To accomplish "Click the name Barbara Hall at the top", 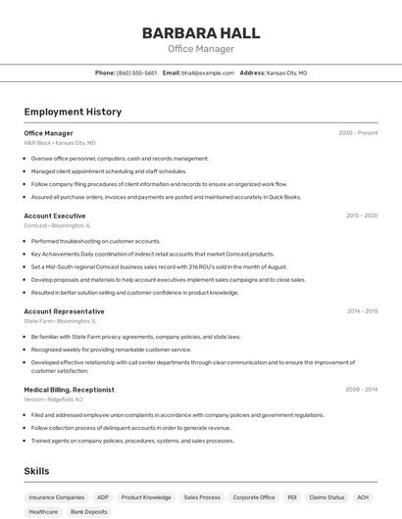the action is click(201, 32).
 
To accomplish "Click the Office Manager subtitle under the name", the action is click(201, 49).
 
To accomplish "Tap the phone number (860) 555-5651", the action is click(136, 72).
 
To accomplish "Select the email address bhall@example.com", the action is click(207, 72).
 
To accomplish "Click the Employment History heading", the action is click(73, 112).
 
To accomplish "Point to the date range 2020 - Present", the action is click(358, 132).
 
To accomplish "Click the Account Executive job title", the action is click(54, 215).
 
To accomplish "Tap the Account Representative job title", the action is click(64, 311).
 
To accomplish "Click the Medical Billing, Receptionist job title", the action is click(69, 389).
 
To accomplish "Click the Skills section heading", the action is click(36, 471).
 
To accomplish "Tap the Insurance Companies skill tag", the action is click(56, 497).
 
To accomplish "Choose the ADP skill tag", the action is click(103, 497).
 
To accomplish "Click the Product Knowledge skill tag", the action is click(146, 497).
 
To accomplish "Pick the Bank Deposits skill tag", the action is click(88, 511).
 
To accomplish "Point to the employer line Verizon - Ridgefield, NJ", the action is click(54, 400).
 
